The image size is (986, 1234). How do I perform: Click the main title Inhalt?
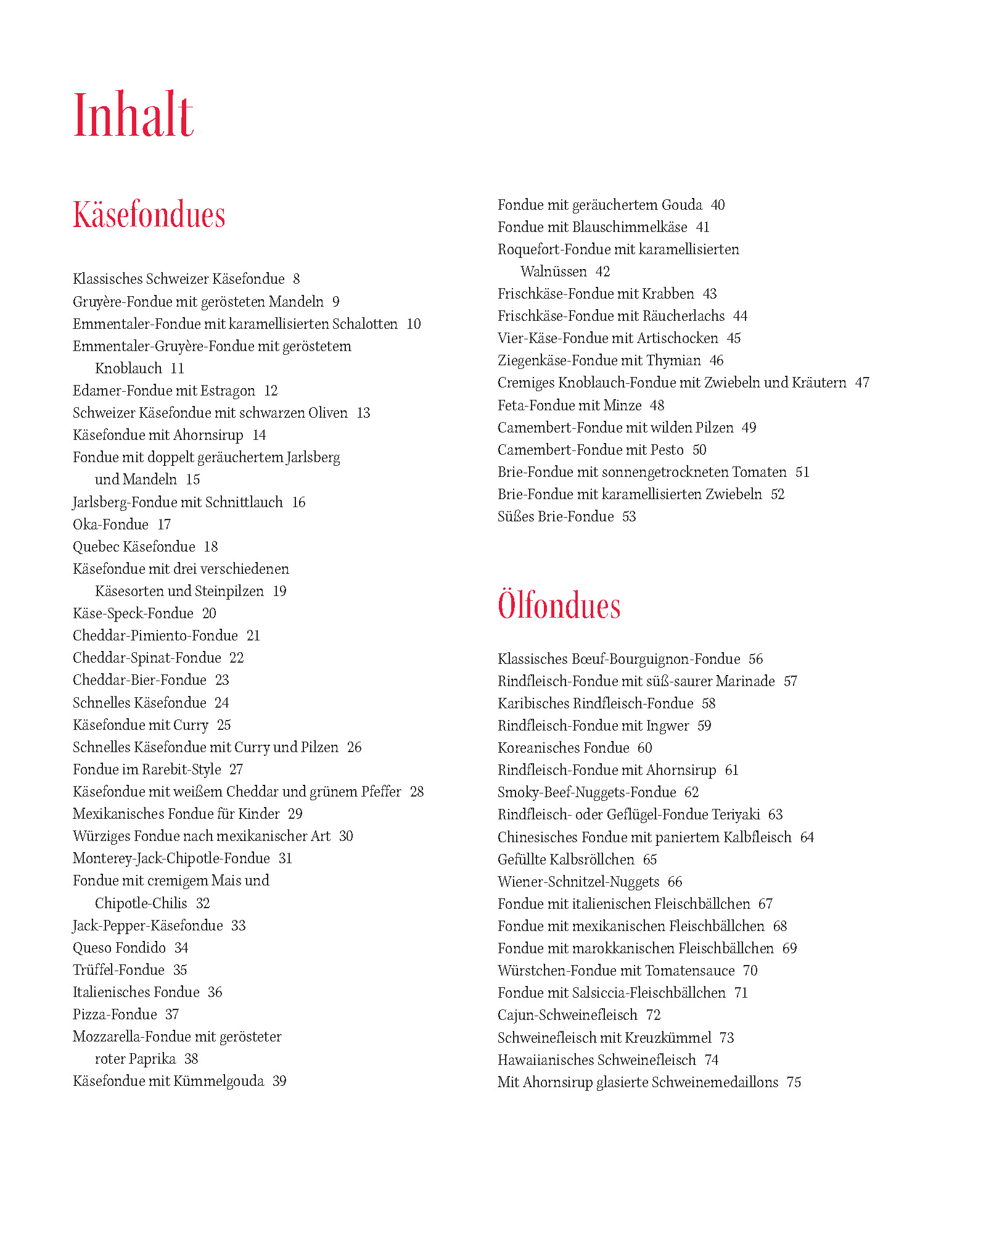pos(133,115)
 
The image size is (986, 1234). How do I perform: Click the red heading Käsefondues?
pos(149,215)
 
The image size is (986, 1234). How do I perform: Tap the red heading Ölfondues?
pos(559,605)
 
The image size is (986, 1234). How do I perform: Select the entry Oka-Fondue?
pos(110,524)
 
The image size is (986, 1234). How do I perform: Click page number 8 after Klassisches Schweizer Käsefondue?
pos(297,279)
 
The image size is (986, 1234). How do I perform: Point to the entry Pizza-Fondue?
pos(115,1014)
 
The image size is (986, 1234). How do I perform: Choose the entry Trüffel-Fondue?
pos(118,970)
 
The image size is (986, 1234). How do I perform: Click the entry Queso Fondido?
pos(119,948)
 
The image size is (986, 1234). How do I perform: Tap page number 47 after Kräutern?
pos(862,383)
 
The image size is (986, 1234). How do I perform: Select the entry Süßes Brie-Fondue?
pos(556,516)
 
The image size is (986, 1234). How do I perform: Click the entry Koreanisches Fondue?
pos(563,748)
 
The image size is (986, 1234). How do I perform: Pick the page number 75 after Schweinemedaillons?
pos(794,1082)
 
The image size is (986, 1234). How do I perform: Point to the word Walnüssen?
pos(553,271)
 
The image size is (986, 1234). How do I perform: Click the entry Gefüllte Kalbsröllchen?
pos(565,859)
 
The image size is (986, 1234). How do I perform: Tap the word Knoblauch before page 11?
pos(128,368)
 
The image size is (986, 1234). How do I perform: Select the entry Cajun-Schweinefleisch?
pos(567,1015)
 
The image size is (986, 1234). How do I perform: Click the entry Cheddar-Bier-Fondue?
pos(139,680)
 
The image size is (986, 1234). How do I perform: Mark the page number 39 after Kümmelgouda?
pos(279,1081)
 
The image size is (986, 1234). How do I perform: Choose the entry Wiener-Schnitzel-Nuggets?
pos(578,882)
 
